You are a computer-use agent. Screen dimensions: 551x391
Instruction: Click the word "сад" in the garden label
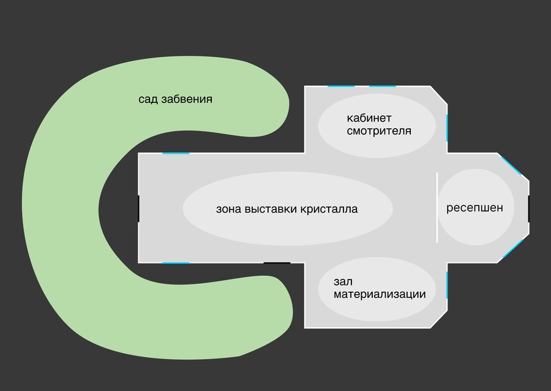[148, 99]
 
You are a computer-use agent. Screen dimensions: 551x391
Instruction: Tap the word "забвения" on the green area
[187, 99]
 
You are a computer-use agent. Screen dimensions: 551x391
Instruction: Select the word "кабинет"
[369, 118]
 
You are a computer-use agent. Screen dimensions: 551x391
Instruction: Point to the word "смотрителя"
[379, 131]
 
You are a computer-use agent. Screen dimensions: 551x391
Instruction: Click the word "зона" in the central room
[228, 209]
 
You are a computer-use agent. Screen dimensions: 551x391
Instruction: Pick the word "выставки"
[270, 209]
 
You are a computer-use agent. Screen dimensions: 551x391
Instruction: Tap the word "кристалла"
[329, 209]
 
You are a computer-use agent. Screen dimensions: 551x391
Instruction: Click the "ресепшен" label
[474, 208]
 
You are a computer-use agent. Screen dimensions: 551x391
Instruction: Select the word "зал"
[343, 281]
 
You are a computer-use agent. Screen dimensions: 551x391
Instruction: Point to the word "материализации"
[380, 294]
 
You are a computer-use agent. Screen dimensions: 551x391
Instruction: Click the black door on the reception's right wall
[528, 209]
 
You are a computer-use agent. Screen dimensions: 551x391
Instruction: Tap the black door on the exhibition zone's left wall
[138, 209]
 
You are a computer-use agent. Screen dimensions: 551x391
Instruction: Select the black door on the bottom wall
[277, 263]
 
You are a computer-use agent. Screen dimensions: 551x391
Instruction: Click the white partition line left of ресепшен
[437, 208]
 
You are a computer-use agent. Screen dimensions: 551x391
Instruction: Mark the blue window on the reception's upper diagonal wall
[511, 165]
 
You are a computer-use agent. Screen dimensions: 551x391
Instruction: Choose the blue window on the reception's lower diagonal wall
[513, 249]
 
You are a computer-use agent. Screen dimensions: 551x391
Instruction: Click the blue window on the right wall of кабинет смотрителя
[447, 128]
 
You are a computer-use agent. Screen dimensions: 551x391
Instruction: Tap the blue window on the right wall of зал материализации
[447, 285]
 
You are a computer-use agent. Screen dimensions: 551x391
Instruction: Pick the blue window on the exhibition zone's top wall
[176, 153]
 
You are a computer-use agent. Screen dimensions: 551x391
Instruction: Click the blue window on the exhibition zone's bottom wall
[176, 263]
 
